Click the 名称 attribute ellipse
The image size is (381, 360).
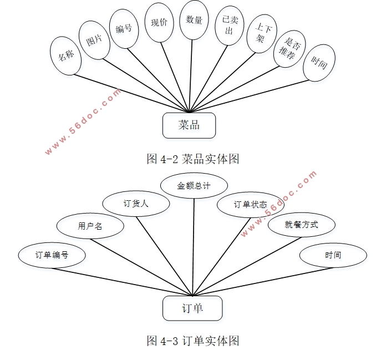pos(66,55)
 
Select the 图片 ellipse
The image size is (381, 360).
pos(95,39)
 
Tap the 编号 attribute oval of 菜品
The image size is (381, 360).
pos(124,28)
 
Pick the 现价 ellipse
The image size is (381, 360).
pos(159,23)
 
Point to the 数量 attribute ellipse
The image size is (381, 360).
pos(194,20)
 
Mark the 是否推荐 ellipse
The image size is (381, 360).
pos(291,49)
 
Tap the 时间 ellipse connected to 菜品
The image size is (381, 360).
pos(319,63)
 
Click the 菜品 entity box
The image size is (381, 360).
pos(189,125)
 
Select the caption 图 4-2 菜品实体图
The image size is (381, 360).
pos(192,159)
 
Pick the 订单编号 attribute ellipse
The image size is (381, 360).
pos(52,256)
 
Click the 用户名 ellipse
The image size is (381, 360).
pos(90,226)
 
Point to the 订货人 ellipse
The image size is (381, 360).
pos(136,204)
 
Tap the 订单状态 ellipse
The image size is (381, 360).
pos(250,204)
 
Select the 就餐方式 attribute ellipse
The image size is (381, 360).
pos(302,225)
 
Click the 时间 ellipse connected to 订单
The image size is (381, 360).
pos(333,256)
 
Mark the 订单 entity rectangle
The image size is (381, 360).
pos(192,308)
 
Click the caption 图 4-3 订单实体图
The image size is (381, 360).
pos(192,341)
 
